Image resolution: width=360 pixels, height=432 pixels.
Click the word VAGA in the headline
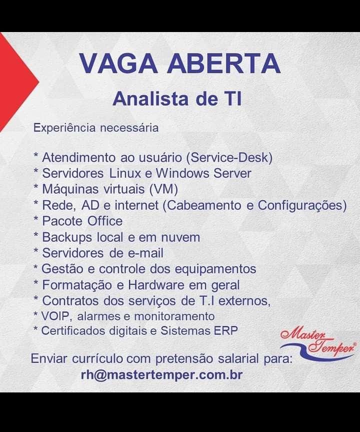pos(118,64)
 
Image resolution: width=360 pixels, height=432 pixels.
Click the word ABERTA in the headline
pos(224,64)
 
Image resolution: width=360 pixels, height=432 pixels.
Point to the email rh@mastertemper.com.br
pos(161,375)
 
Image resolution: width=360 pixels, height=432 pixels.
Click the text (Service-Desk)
pos(229,158)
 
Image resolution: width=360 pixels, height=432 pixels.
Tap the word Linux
pos(125,173)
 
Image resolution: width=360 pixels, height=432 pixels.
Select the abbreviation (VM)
pos(163,189)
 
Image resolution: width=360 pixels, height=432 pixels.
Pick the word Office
pos(105,221)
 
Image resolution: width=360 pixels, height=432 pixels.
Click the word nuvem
pos(180,237)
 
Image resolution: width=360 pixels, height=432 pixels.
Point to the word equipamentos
pos(215,269)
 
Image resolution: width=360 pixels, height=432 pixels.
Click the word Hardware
pos(156,285)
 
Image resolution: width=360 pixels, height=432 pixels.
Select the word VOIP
pos(56,316)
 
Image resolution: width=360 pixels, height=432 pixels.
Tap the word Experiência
pos(64,128)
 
